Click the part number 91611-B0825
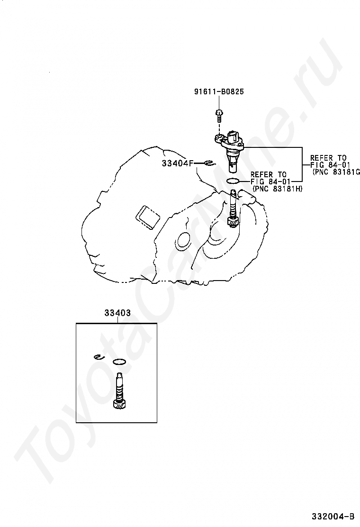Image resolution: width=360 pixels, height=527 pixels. point(219,91)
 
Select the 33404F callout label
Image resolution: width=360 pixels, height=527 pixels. point(178,164)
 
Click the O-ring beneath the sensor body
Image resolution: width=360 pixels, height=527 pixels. point(233,181)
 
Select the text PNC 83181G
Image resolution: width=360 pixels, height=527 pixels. point(336,172)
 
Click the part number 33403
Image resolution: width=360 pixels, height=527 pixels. point(117,313)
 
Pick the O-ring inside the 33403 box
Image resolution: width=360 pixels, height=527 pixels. point(119,362)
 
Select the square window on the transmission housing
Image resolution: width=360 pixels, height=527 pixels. point(147,218)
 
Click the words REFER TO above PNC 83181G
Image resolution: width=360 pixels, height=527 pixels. point(328,158)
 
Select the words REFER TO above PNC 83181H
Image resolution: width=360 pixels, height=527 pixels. point(269,174)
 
